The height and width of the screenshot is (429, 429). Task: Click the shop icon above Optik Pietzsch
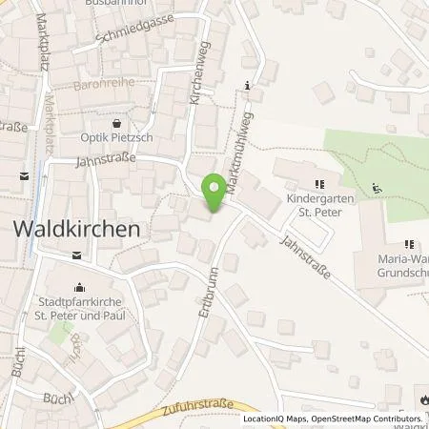(x=116, y=124)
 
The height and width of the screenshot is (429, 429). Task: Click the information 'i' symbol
(x=248, y=87)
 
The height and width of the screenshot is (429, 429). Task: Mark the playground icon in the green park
(x=377, y=188)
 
